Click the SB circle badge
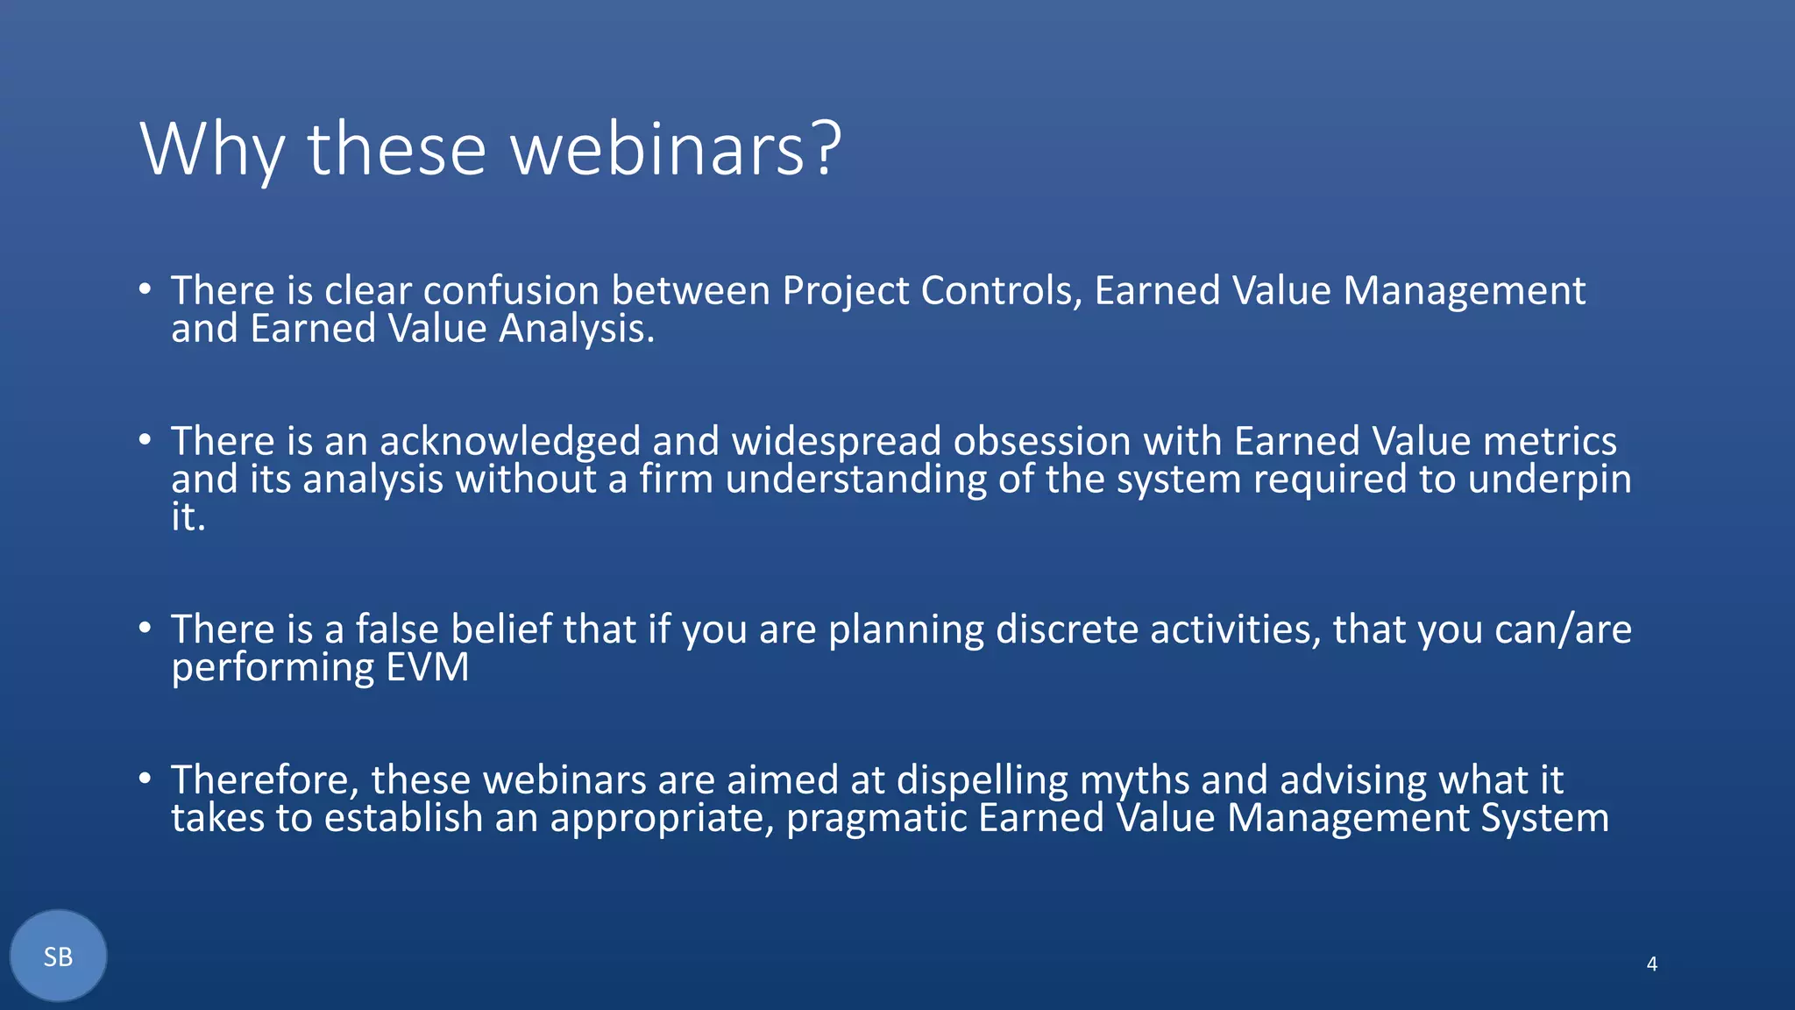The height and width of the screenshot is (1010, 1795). click(59, 956)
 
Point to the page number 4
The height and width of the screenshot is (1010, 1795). click(1651, 964)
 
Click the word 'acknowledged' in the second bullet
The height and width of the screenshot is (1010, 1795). click(509, 441)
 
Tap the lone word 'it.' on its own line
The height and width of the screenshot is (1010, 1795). click(188, 517)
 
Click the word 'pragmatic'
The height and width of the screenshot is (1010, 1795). click(876, 819)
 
